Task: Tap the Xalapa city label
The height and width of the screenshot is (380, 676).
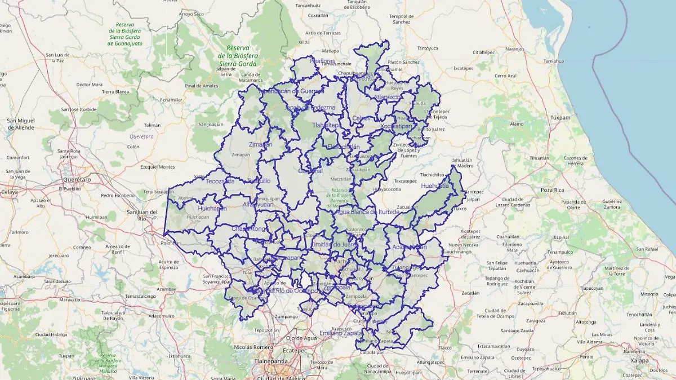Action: point(639,361)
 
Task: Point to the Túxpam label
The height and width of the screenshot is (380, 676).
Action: point(560,118)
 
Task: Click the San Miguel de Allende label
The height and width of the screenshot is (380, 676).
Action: point(20,124)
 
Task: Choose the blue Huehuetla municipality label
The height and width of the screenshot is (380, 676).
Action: point(435,185)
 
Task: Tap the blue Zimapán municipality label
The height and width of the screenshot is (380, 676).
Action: point(260,144)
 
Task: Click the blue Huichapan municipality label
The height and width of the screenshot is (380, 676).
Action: point(213,208)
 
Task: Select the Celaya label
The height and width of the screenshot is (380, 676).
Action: point(8,192)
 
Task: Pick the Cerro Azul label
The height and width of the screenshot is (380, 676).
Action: point(505,76)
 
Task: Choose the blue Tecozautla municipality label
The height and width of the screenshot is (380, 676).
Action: point(220,182)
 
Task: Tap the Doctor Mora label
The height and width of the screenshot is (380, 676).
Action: point(89,85)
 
